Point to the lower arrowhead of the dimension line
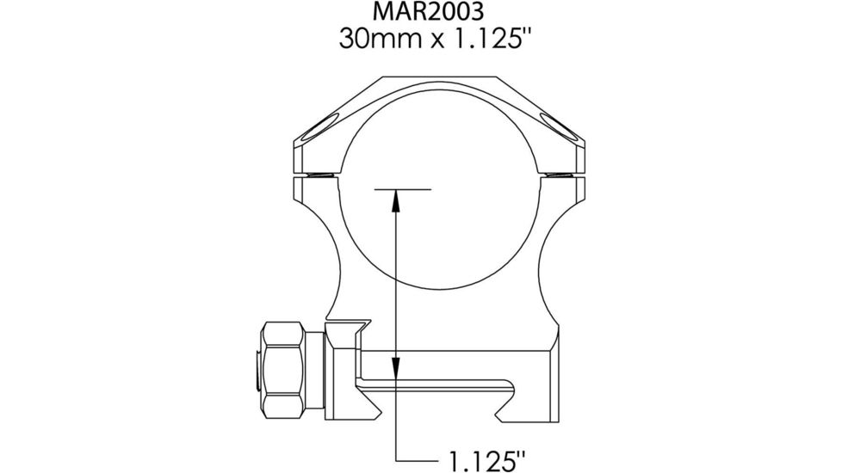point(394,368)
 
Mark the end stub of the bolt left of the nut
point(259,368)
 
